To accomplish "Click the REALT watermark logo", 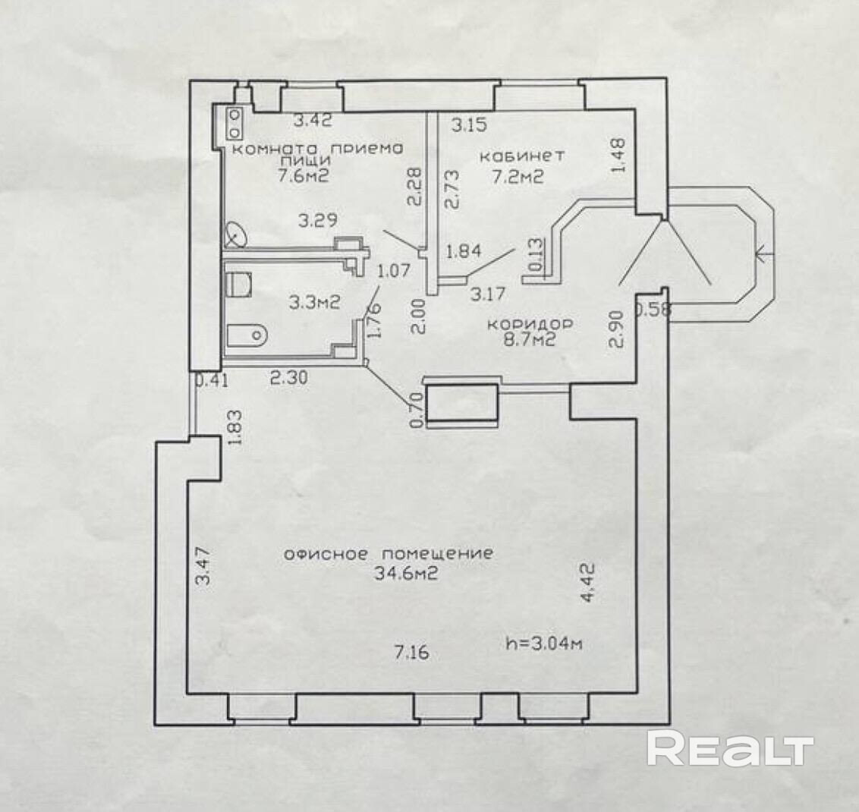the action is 729,750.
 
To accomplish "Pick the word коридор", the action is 530,324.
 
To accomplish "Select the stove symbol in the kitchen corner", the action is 235,121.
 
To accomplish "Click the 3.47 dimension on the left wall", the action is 203,568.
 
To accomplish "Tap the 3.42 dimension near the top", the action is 313,120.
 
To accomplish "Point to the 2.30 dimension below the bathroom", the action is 290,376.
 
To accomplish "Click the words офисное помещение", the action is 388,554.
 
